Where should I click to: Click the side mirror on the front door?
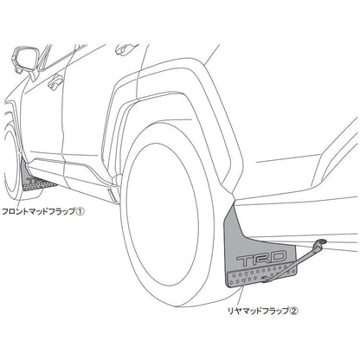pos(22,60)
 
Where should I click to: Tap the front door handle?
pos(55,82)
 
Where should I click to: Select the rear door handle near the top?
pos(124,49)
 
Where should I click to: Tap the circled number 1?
pos(80,212)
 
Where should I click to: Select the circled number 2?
pos(293,311)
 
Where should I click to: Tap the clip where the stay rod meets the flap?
pos(267,279)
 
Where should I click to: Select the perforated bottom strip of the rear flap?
pos(261,278)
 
